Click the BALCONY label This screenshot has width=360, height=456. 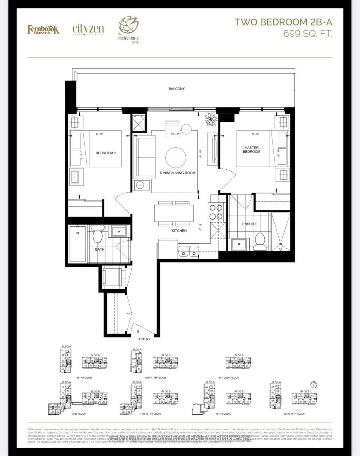pyautogui.click(x=177, y=89)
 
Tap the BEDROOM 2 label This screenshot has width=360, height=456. pyautogui.click(x=106, y=153)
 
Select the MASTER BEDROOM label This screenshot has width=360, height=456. pyautogui.click(x=251, y=150)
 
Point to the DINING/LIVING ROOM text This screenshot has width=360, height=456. pyautogui.click(x=177, y=173)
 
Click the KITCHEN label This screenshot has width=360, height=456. pyautogui.click(x=179, y=231)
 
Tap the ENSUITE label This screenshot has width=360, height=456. pyautogui.click(x=249, y=224)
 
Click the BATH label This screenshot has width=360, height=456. pyautogui.click(x=100, y=249)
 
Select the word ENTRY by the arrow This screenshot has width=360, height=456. pyautogui.click(x=145, y=339)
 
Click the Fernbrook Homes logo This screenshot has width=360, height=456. pyautogui.click(x=43, y=30)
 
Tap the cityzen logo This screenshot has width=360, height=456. pyautogui.click(x=89, y=29)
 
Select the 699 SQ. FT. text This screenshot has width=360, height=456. pyautogui.click(x=308, y=34)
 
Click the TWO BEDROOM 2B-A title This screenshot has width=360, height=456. pyautogui.click(x=283, y=22)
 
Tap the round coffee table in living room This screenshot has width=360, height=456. pyautogui.click(x=176, y=157)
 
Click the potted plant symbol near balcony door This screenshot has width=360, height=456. pyautogui.click(x=211, y=119)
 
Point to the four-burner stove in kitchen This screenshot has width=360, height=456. pyautogui.click(x=216, y=212)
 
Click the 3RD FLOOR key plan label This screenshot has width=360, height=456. pyautogui.click(x=81, y=414)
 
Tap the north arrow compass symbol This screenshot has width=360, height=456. pyautogui.click(x=314, y=384)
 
